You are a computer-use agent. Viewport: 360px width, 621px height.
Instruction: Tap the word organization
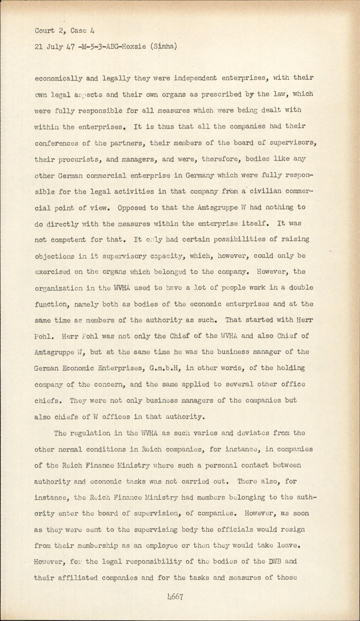point(58,288)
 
